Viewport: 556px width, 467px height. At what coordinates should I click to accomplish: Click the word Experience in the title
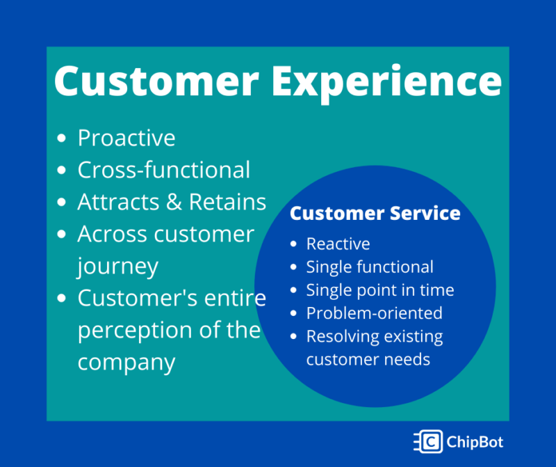387,82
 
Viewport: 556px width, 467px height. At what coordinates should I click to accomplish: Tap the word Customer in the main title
156,80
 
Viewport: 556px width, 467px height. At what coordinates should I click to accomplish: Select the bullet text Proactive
126,138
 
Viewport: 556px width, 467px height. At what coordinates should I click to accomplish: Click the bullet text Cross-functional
164,169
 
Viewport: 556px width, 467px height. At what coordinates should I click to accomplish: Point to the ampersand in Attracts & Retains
174,202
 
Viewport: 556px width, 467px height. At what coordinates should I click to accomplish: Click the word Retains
227,202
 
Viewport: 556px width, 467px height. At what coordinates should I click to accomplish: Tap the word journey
117,267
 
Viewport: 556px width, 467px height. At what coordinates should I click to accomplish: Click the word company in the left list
126,363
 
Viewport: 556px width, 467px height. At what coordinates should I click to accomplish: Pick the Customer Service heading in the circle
375,213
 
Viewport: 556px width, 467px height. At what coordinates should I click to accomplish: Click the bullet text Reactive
338,244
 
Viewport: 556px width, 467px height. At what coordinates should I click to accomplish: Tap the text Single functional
370,267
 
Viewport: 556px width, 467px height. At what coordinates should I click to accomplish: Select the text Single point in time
380,290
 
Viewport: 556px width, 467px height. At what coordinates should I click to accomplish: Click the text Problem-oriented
375,313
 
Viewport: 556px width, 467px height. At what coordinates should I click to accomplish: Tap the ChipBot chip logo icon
429,441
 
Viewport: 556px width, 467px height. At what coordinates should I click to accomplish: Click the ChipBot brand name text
475,442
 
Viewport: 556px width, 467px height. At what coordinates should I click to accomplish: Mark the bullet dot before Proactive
61,138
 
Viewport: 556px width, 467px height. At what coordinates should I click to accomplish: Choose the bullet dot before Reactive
293,244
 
